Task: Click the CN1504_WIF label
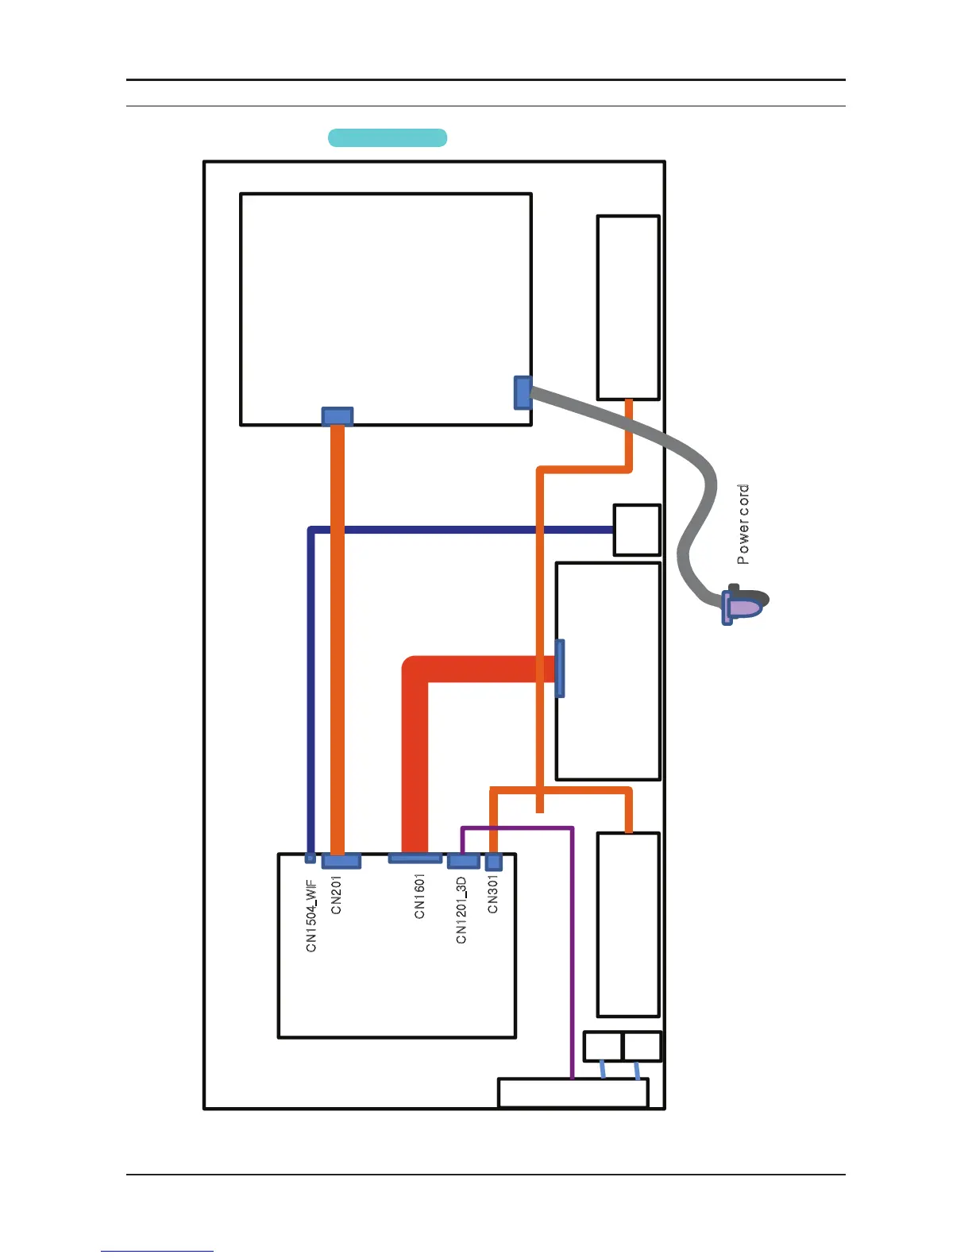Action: [311, 914]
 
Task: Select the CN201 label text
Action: [336, 894]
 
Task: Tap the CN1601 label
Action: [419, 896]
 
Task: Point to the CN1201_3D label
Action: [461, 910]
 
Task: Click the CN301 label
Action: [492, 893]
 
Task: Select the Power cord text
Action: [742, 524]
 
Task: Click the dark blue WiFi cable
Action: [461, 530]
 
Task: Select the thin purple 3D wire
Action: [572, 953]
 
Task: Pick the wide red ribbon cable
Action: [415, 754]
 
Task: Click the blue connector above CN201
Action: [341, 860]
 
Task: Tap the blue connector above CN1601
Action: [415, 858]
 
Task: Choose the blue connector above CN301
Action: [493, 862]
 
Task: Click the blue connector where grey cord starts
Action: [522, 392]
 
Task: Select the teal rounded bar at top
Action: [388, 137]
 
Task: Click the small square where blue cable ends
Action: [637, 530]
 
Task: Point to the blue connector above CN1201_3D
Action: [463, 861]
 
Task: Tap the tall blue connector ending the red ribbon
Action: [560, 668]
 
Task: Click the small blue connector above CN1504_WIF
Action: [310, 858]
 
